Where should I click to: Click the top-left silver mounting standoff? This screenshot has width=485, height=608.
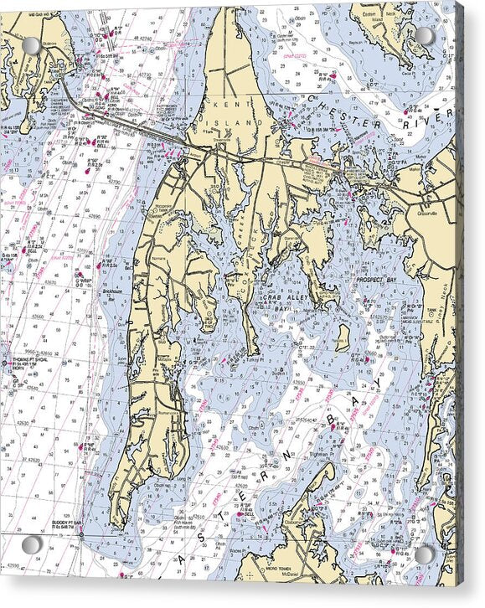pyautogui.click(x=31, y=45)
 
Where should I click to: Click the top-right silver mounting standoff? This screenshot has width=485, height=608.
pyautogui.click(x=426, y=36)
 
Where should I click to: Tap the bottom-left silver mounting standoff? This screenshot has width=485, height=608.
pyautogui.click(x=33, y=545)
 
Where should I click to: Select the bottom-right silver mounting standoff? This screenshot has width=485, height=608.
pyautogui.click(x=426, y=554)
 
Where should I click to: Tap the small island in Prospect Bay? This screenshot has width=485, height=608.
pyautogui.click(x=342, y=337)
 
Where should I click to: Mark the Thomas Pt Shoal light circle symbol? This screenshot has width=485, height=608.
pyautogui.click(x=5, y=363)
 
